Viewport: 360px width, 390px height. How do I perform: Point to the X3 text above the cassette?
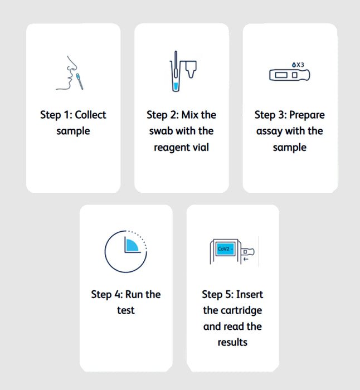click(300, 65)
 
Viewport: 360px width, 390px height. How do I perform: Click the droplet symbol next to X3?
click(291, 65)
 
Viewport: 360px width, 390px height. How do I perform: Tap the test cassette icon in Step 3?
click(289, 75)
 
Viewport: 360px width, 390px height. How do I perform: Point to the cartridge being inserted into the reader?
click(249, 252)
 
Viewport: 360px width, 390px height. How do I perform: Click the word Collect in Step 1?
click(90, 115)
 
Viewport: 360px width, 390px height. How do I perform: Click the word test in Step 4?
click(126, 310)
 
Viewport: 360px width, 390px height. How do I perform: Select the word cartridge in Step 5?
click(240, 310)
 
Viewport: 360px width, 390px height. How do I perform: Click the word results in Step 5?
click(232, 342)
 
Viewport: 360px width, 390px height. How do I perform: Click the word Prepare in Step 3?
click(307, 115)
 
